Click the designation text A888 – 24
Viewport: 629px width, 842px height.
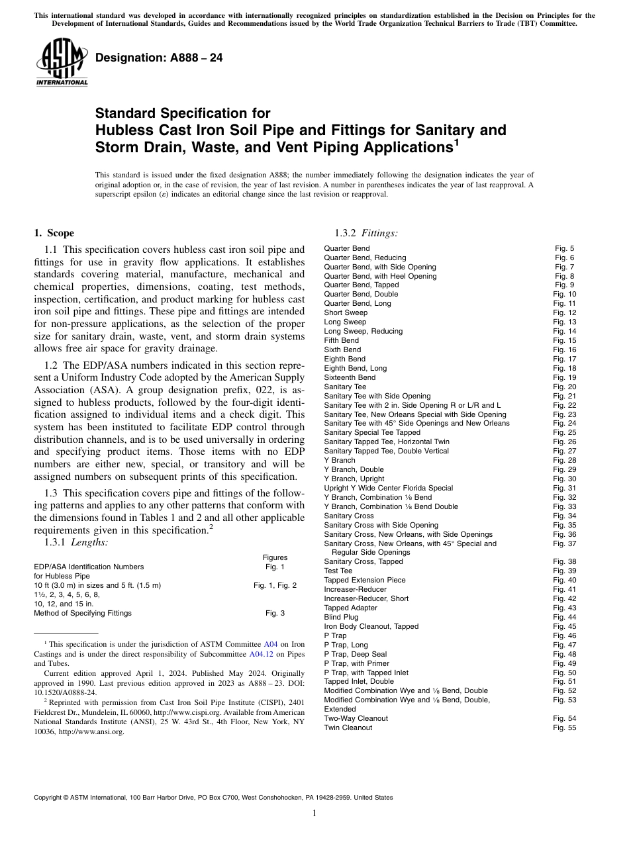point(159,58)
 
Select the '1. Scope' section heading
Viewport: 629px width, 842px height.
point(54,233)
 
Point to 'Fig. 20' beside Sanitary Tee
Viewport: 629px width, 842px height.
point(564,387)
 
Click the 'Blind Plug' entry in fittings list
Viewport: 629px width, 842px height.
point(341,617)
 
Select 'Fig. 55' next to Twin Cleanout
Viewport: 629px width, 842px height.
point(564,727)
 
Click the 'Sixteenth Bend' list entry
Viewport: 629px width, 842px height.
point(350,377)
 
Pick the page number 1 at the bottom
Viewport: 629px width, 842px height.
point(314,813)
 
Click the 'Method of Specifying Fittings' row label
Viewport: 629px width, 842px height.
point(83,613)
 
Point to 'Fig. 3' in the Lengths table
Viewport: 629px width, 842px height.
point(275,613)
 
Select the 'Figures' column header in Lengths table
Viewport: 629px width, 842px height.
point(275,557)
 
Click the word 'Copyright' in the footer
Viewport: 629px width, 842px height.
point(49,798)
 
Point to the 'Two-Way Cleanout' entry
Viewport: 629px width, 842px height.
point(356,718)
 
